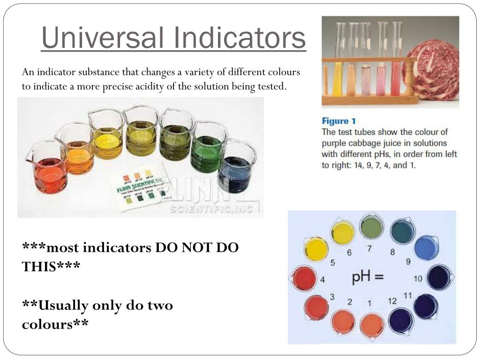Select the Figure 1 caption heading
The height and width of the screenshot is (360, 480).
point(342,121)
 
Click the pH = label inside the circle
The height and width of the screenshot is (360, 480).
point(367,277)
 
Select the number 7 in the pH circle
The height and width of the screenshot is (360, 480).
point(369,249)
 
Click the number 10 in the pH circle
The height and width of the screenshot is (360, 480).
point(418,278)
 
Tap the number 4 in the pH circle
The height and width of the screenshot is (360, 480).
point(322,280)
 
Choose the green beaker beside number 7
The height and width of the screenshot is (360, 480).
point(372,227)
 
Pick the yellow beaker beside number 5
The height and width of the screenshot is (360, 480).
point(316,249)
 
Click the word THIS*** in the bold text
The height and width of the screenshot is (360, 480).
point(51,266)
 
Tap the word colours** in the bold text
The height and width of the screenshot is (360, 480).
point(55,323)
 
